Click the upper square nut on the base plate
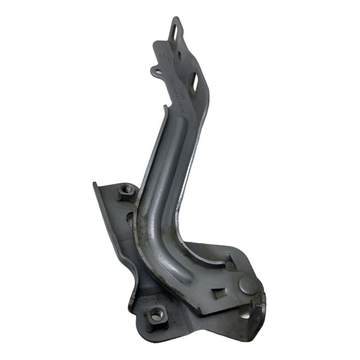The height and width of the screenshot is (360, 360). tap(125, 192)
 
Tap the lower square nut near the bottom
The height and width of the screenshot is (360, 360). tap(157, 313)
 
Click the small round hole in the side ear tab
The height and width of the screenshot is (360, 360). tap(157, 73)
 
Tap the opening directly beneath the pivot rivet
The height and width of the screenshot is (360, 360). tap(245, 312)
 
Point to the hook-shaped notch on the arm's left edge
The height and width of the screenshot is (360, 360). tap(164, 109)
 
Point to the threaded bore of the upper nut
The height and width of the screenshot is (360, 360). tap(125, 191)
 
